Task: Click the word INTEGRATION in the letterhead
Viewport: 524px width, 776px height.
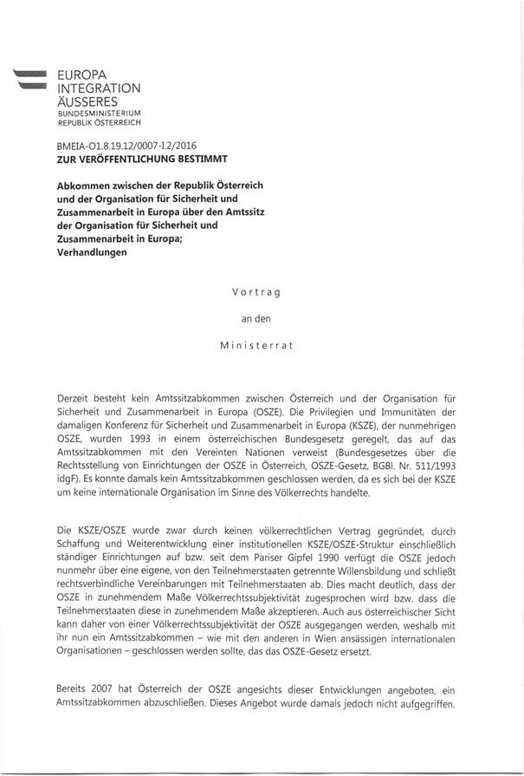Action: (x=98, y=88)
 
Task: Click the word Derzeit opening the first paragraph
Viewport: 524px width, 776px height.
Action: (x=75, y=396)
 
